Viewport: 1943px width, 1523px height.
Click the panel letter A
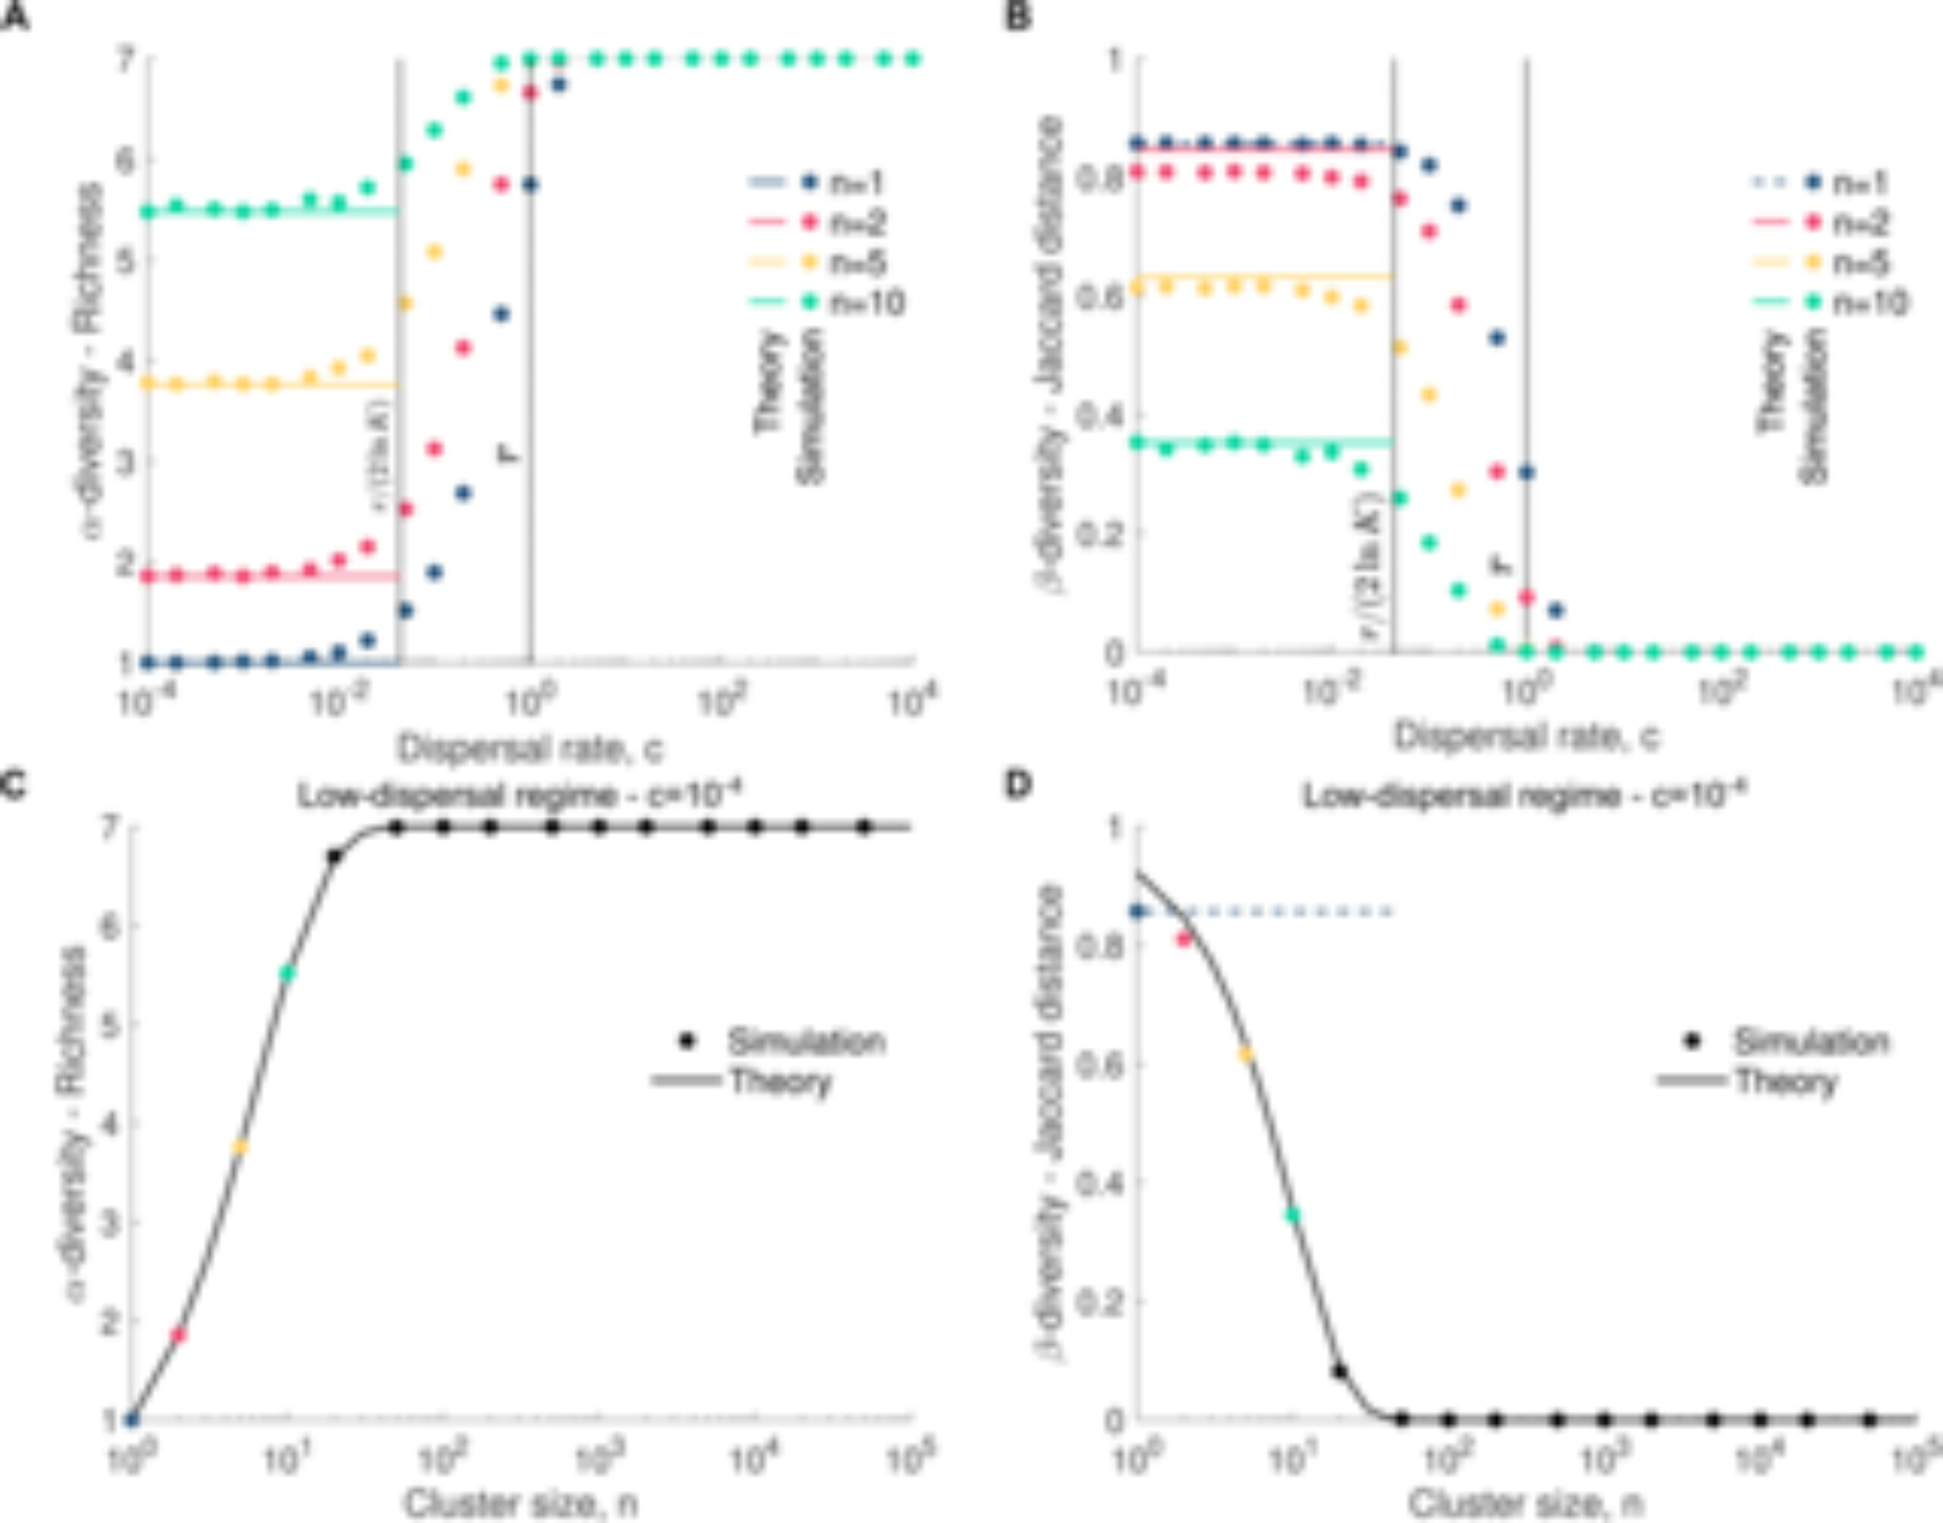click(14, 17)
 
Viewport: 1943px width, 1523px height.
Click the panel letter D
click(1017, 783)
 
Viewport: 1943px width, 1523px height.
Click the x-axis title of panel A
click(530, 748)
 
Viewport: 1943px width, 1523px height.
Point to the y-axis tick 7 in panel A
click(125, 60)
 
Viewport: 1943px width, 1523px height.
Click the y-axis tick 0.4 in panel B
click(1101, 416)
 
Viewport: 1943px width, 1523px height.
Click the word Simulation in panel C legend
click(806, 1041)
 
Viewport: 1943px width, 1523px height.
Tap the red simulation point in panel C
click(179, 1335)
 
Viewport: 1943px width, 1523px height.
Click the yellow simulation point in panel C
click(240, 1147)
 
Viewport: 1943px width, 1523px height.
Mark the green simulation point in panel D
click(1292, 1214)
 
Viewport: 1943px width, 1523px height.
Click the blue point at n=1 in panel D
click(1138, 911)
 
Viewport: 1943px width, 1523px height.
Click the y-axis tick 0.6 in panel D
click(1101, 1065)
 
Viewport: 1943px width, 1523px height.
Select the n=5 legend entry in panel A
click(859, 263)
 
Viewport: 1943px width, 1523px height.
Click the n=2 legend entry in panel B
click(1859, 223)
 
